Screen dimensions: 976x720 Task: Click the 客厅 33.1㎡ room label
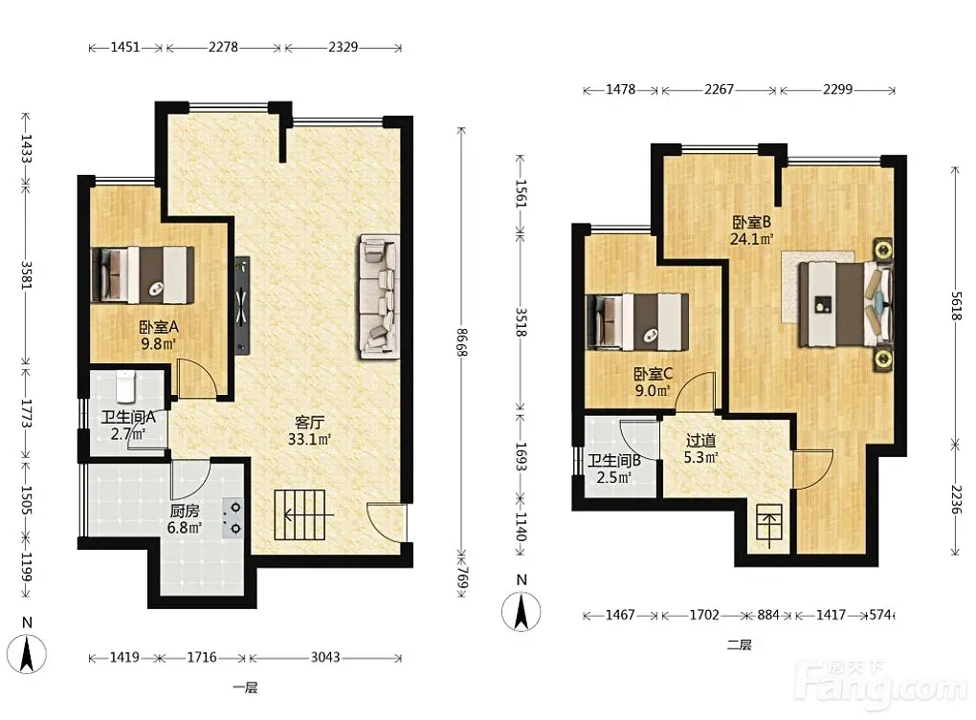309,431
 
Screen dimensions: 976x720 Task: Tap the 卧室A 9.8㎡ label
159,335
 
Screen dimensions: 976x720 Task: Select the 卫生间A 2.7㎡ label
128,425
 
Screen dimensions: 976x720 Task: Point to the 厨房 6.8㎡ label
185,519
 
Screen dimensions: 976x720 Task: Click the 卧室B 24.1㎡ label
751,230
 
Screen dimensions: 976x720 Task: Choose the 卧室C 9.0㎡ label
653,382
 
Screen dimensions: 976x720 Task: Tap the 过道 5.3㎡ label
700,448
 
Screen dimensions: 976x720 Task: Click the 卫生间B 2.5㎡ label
614,469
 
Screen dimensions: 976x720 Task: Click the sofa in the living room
379,297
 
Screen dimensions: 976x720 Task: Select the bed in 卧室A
143,274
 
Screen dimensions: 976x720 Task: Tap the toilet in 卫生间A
125,386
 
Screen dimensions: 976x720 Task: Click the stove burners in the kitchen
235,518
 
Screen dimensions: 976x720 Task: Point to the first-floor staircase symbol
300,514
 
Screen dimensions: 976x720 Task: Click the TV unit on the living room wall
242,306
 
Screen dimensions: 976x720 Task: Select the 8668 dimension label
461,341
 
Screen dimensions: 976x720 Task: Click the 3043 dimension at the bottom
325,657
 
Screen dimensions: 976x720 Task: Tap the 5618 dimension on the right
956,305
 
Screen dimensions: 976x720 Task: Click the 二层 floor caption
739,644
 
